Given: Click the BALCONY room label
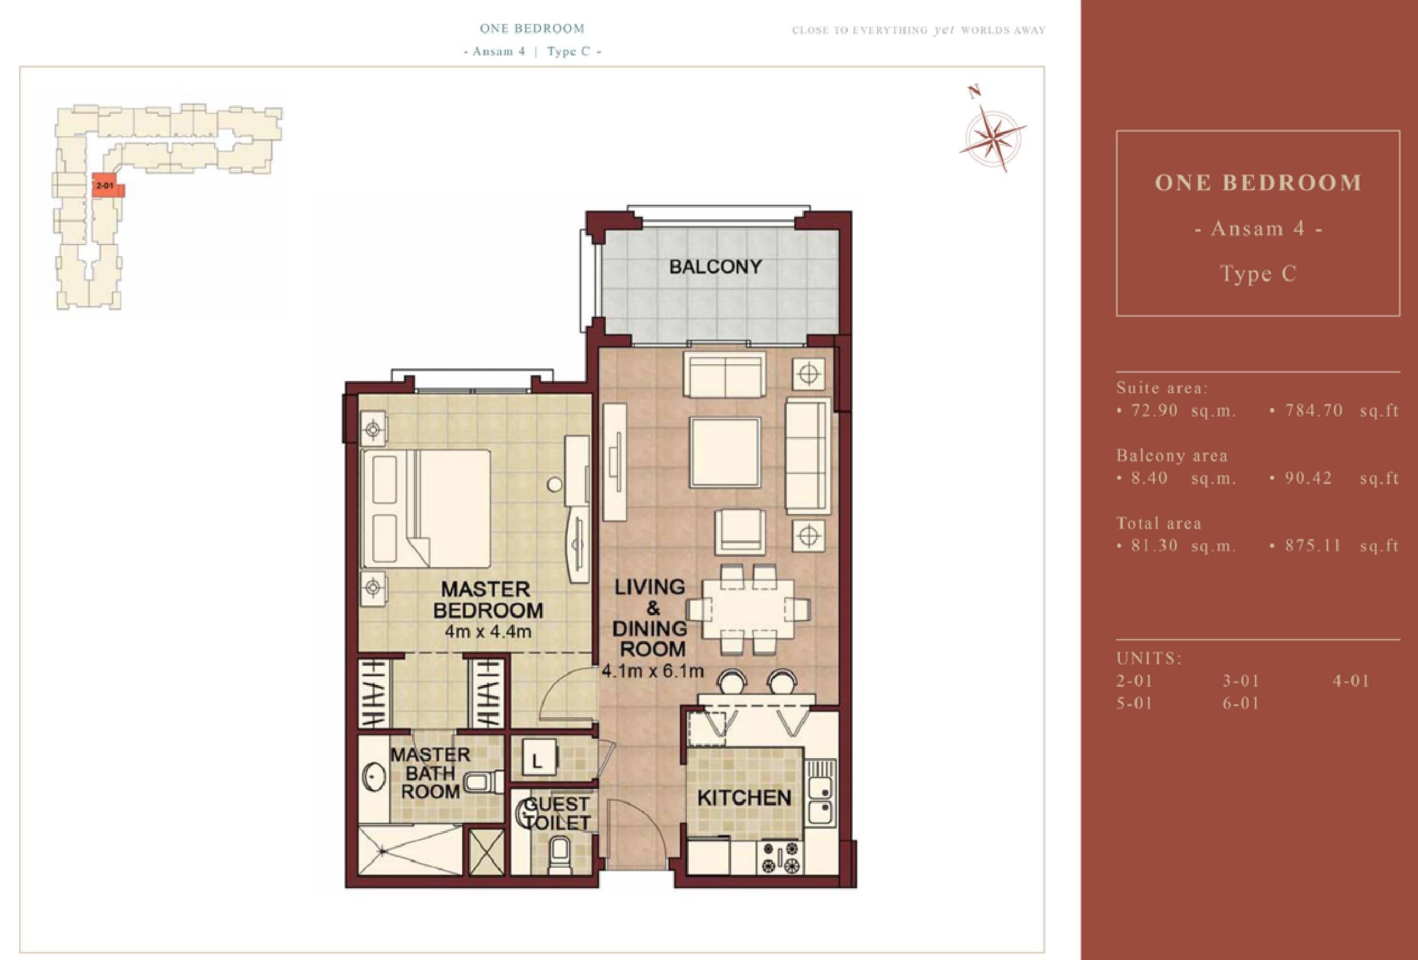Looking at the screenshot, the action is tap(715, 267).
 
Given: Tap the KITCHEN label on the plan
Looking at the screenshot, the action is tap(744, 798).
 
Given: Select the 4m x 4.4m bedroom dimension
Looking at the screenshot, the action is tap(487, 631).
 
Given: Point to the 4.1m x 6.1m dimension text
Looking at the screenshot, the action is tap(652, 671).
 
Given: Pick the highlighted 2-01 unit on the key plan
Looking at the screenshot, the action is tap(108, 186).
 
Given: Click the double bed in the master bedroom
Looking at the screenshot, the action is tap(426, 508).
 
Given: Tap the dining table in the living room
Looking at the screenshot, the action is tap(748, 608).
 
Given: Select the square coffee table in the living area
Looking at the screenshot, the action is tap(725, 452).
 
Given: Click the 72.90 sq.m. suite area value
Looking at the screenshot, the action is tap(1183, 411).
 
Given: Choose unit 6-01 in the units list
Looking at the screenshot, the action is tap(1241, 704).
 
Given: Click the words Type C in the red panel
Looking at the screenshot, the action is tap(1258, 274).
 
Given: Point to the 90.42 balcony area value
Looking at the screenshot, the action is tap(1308, 478).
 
